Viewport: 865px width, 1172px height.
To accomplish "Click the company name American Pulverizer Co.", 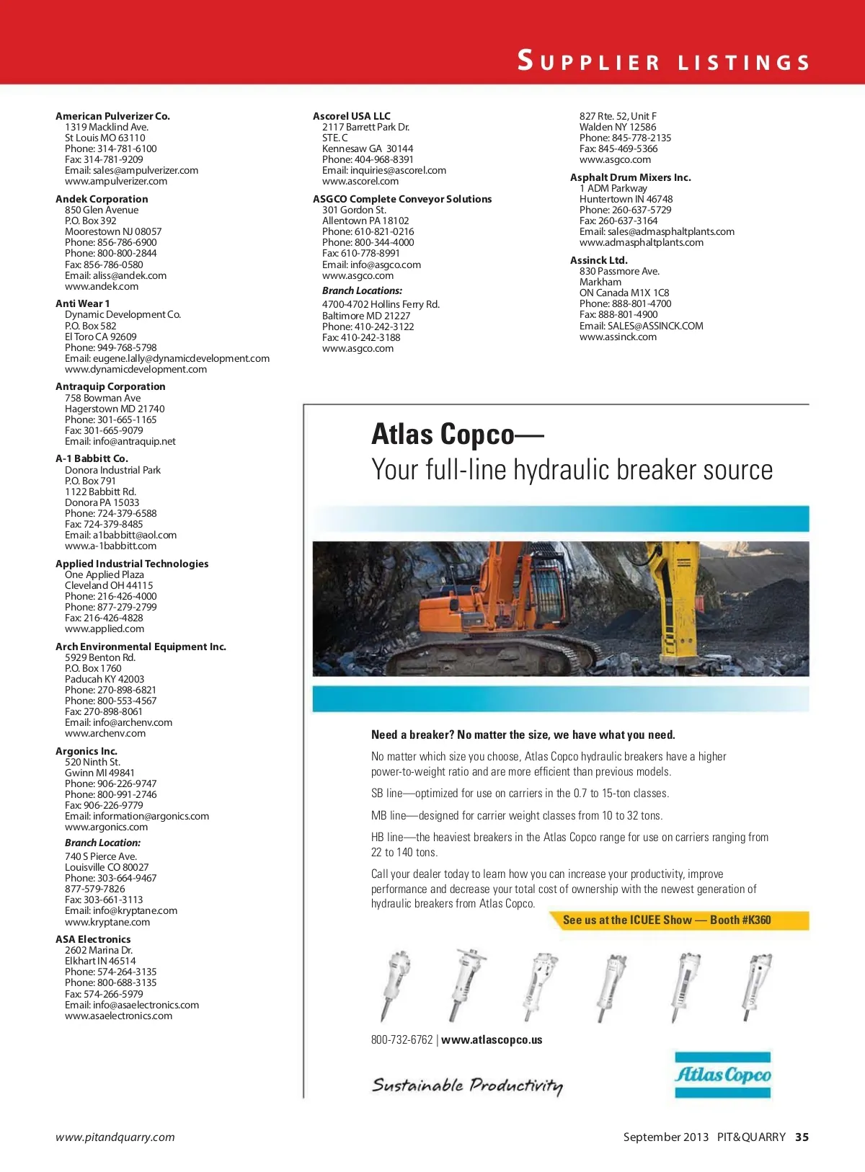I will (x=112, y=116).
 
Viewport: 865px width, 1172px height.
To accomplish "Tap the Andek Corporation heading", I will (x=102, y=199).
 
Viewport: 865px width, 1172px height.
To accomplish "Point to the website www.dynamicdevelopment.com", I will (x=136, y=369).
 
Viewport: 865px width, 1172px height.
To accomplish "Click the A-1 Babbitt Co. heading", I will (x=92, y=458).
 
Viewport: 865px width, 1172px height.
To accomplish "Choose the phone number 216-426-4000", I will (x=127, y=596).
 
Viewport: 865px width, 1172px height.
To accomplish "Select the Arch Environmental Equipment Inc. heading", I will (x=141, y=647).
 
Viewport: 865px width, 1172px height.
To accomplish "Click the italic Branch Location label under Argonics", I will (x=102, y=843).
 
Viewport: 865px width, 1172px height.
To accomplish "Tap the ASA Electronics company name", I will (x=93, y=939).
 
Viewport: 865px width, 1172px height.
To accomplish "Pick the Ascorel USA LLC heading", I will (x=352, y=116).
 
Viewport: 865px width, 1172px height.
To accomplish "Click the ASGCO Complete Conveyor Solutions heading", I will (x=402, y=199).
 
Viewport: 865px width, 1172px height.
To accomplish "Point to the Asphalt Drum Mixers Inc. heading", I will (x=630, y=177).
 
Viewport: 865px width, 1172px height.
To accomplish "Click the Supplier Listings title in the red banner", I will (x=664, y=61).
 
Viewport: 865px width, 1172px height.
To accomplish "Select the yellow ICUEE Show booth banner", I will (x=667, y=920).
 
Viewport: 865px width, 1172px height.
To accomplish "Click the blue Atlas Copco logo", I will (x=722, y=1075).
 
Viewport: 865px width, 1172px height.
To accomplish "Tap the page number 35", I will (x=802, y=1137).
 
